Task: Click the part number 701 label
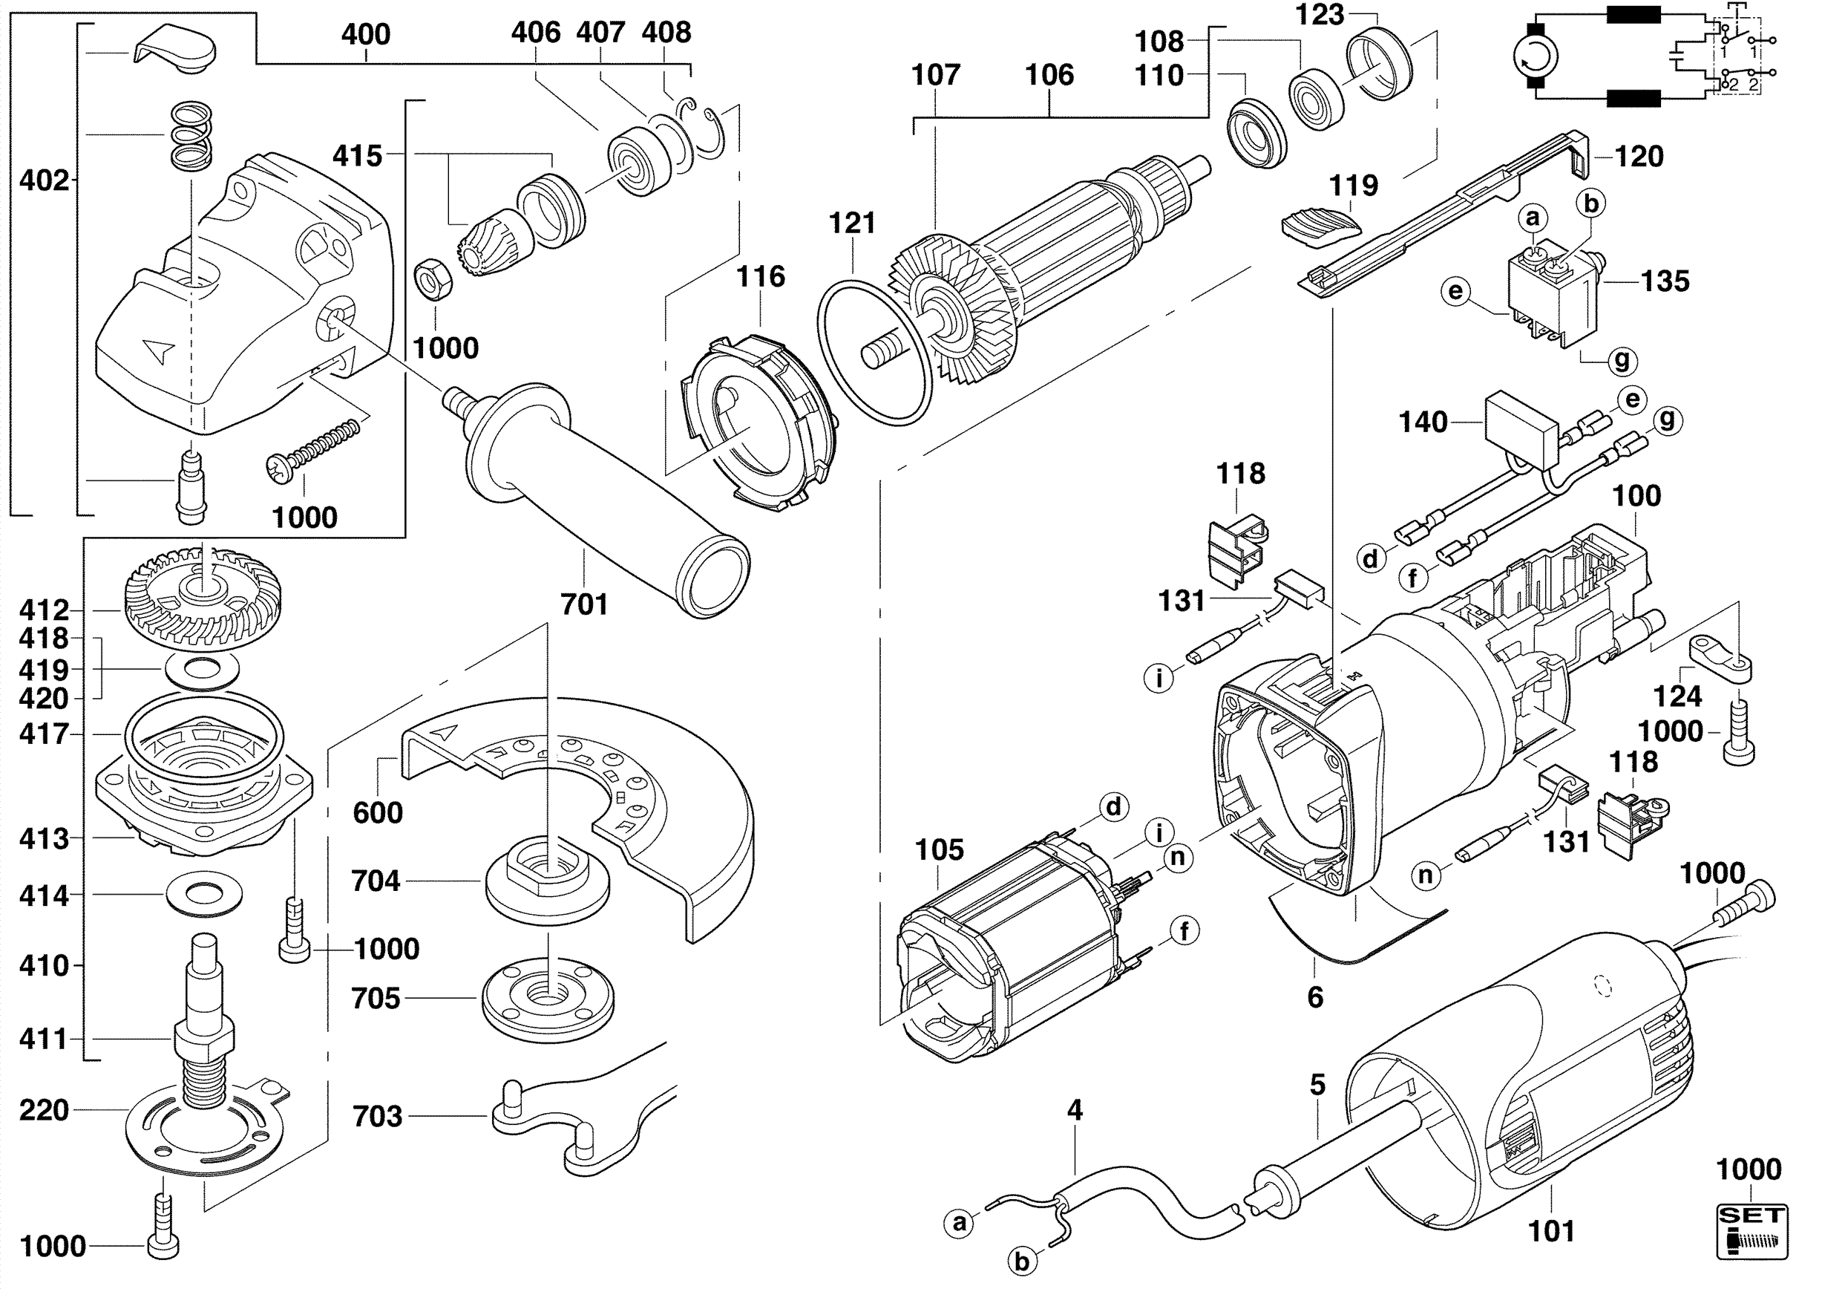(584, 605)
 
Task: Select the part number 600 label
(378, 813)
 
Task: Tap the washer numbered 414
(205, 894)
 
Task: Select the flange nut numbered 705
(548, 999)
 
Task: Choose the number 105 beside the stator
(939, 850)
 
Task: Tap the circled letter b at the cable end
(1022, 1262)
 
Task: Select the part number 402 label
(45, 181)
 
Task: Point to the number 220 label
(45, 1110)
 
